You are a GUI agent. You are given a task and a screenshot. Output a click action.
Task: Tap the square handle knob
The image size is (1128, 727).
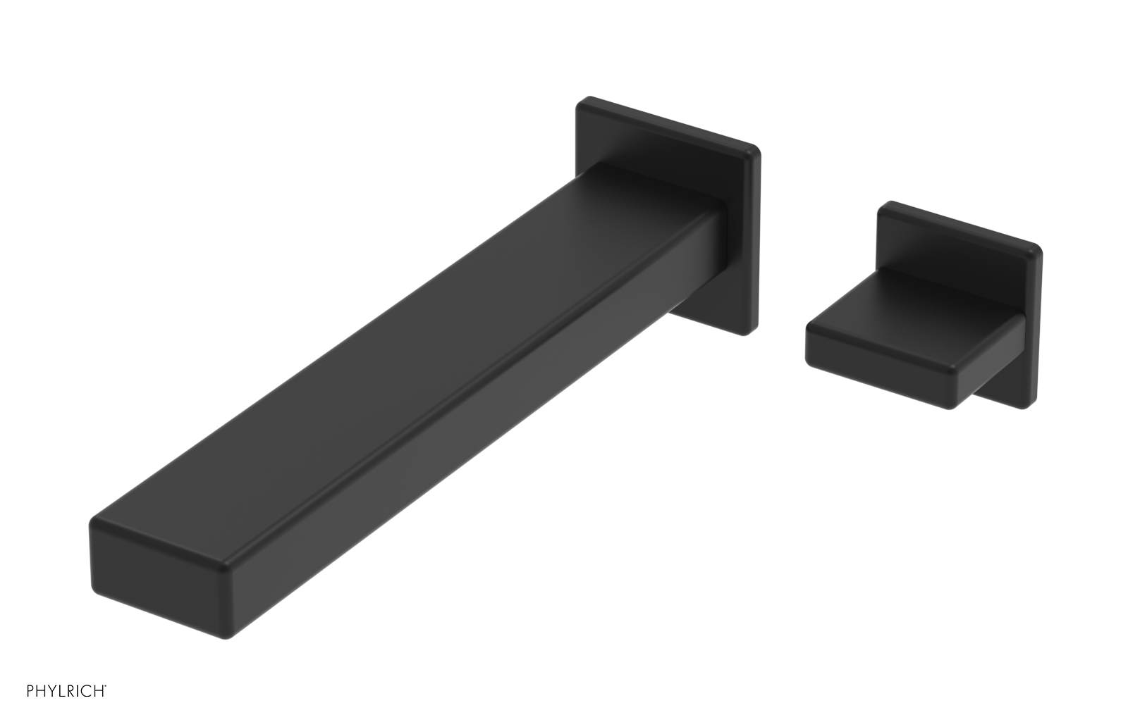click(x=909, y=317)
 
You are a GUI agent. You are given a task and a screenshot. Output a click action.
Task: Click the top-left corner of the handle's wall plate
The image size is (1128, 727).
click(x=881, y=206)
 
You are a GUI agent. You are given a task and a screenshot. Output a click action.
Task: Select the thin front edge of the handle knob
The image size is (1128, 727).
click(x=881, y=366)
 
